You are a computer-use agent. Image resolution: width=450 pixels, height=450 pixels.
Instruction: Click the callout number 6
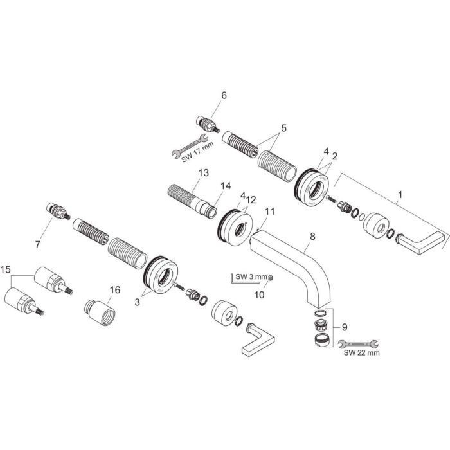pos(224,95)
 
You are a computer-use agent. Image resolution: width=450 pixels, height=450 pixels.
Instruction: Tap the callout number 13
pos(204,173)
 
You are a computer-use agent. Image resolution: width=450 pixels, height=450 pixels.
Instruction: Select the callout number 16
pos(115,290)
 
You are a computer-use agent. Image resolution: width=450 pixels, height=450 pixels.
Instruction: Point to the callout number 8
pos(312,236)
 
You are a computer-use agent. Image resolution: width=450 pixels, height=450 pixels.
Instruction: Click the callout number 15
pos(5,269)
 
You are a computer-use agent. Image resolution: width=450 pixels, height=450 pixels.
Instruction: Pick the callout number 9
pos(345,327)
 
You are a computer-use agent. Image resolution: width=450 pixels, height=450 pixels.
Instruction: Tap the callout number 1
pos(400,195)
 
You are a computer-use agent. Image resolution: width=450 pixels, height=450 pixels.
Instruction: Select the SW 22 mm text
pos(361,352)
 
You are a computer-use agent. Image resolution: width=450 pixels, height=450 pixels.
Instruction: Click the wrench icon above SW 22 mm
pos(359,343)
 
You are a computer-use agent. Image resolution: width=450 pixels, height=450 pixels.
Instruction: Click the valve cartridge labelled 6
pos(208,124)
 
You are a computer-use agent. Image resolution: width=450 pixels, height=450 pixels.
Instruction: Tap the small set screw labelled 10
pos(270,278)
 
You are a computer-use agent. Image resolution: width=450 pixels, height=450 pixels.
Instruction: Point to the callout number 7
pos(37,245)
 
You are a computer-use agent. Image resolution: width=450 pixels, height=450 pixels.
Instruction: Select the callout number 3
pos(138,302)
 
